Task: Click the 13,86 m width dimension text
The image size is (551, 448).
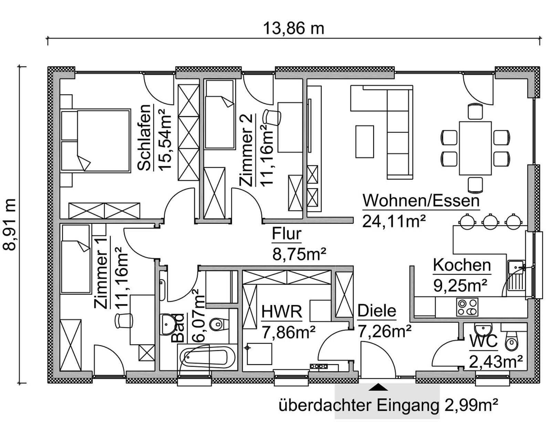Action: click(x=293, y=28)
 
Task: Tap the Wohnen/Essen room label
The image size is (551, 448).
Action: click(x=421, y=201)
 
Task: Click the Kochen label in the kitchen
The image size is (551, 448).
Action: click(x=461, y=265)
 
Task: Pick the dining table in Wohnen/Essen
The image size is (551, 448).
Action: click(x=475, y=148)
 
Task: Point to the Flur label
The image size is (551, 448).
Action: click(x=287, y=234)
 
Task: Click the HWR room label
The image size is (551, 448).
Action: click(x=282, y=312)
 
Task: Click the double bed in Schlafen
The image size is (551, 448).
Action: click(x=96, y=140)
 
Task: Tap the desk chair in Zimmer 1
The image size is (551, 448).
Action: click(x=124, y=320)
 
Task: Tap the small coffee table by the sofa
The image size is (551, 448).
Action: click(x=364, y=142)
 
